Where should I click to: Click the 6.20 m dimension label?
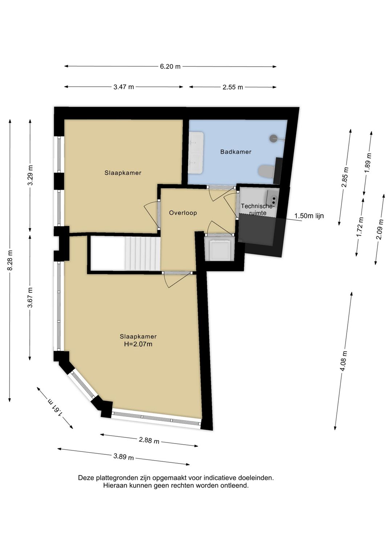[x=170, y=66]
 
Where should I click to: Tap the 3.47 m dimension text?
[x=124, y=87]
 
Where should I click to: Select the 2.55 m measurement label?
[x=233, y=87]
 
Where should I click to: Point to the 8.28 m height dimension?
[x=10, y=261]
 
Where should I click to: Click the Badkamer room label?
[x=236, y=152]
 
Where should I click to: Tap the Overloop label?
[x=183, y=213]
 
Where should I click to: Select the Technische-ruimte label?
[x=258, y=209]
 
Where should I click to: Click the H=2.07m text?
[x=138, y=344]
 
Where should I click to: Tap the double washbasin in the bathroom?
[x=196, y=153]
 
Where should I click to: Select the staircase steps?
[x=142, y=253]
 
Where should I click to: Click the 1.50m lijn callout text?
[x=309, y=216]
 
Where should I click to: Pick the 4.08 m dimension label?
[x=344, y=361]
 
